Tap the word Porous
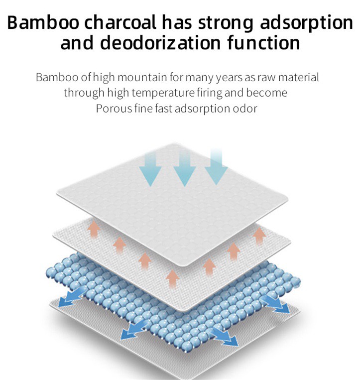(x=114, y=108)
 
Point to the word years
(x=231, y=78)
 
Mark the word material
(x=296, y=78)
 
